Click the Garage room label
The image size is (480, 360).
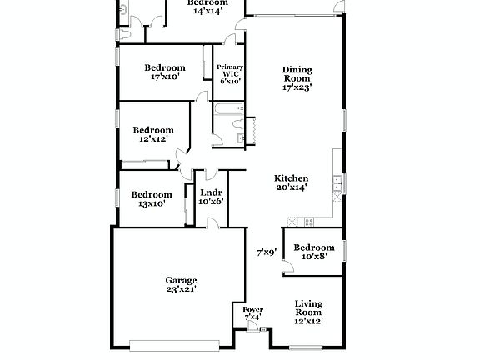181,281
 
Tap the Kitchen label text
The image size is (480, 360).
292,178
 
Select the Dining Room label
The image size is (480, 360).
297,74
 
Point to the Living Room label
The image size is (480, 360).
308,308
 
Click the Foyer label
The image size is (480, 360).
252,310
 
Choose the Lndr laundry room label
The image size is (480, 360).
211,193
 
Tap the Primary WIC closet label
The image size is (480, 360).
230,67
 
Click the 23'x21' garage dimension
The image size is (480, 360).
181,290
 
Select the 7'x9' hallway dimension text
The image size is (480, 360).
266,252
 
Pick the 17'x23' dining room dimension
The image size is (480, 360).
297,87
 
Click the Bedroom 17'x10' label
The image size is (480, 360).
164,67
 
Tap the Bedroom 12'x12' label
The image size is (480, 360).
153,130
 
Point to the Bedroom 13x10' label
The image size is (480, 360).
152,194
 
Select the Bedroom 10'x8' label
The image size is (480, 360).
314,247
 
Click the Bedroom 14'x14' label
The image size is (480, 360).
207,3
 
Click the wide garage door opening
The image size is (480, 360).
176,342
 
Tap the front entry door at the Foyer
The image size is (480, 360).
252,330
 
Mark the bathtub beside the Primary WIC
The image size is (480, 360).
227,109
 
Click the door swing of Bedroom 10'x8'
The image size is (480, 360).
287,267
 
